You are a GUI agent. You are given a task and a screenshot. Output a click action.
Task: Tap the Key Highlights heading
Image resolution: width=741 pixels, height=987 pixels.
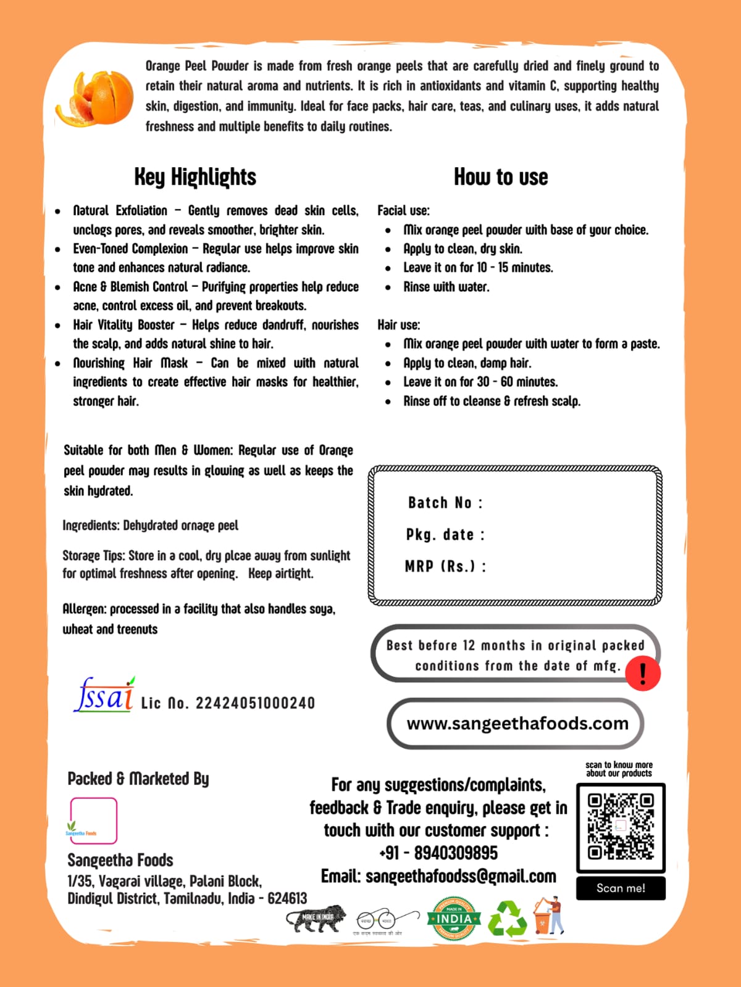pyautogui.click(x=195, y=177)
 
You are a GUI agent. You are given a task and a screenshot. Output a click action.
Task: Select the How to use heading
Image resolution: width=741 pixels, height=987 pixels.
pyautogui.click(x=501, y=177)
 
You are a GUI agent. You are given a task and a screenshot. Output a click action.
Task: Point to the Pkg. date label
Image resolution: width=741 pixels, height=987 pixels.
pyautogui.click(x=445, y=534)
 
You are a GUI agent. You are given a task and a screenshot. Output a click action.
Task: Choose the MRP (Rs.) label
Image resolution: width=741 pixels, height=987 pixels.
pyautogui.click(x=445, y=566)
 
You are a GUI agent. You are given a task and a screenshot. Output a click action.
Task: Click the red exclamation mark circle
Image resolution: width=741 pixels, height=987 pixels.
pyautogui.click(x=643, y=673)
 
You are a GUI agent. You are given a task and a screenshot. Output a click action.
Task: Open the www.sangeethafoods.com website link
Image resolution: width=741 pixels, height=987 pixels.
pyautogui.click(x=517, y=723)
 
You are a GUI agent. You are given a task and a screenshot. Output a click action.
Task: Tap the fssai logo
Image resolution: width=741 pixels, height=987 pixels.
pyautogui.click(x=104, y=695)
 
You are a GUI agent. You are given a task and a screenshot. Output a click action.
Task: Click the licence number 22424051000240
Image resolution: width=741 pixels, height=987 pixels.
pyautogui.click(x=255, y=703)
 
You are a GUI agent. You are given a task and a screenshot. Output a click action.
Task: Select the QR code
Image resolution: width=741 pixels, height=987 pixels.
pyautogui.click(x=621, y=827)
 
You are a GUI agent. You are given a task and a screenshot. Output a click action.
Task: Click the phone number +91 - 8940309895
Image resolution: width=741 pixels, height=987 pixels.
pyautogui.click(x=438, y=853)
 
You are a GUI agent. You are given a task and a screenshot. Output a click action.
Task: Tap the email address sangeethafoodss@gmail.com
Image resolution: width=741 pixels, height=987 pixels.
pyautogui.click(x=461, y=876)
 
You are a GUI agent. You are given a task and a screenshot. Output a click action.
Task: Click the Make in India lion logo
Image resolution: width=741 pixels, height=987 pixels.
pyautogui.click(x=316, y=919)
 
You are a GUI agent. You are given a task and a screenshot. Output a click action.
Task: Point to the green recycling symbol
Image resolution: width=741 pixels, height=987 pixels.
pyautogui.click(x=508, y=919)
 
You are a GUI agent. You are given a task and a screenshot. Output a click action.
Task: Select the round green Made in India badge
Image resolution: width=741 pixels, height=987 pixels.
pyautogui.click(x=454, y=919)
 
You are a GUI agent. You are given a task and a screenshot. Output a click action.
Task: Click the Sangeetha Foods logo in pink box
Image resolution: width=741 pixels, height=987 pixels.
pyautogui.click(x=93, y=820)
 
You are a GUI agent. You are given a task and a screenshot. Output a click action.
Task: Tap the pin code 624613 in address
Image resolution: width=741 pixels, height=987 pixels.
pyautogui.click(x=287, y=898)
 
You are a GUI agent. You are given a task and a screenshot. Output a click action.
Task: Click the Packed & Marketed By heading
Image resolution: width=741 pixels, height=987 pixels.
pyautogui.click(x=138, y=779)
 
